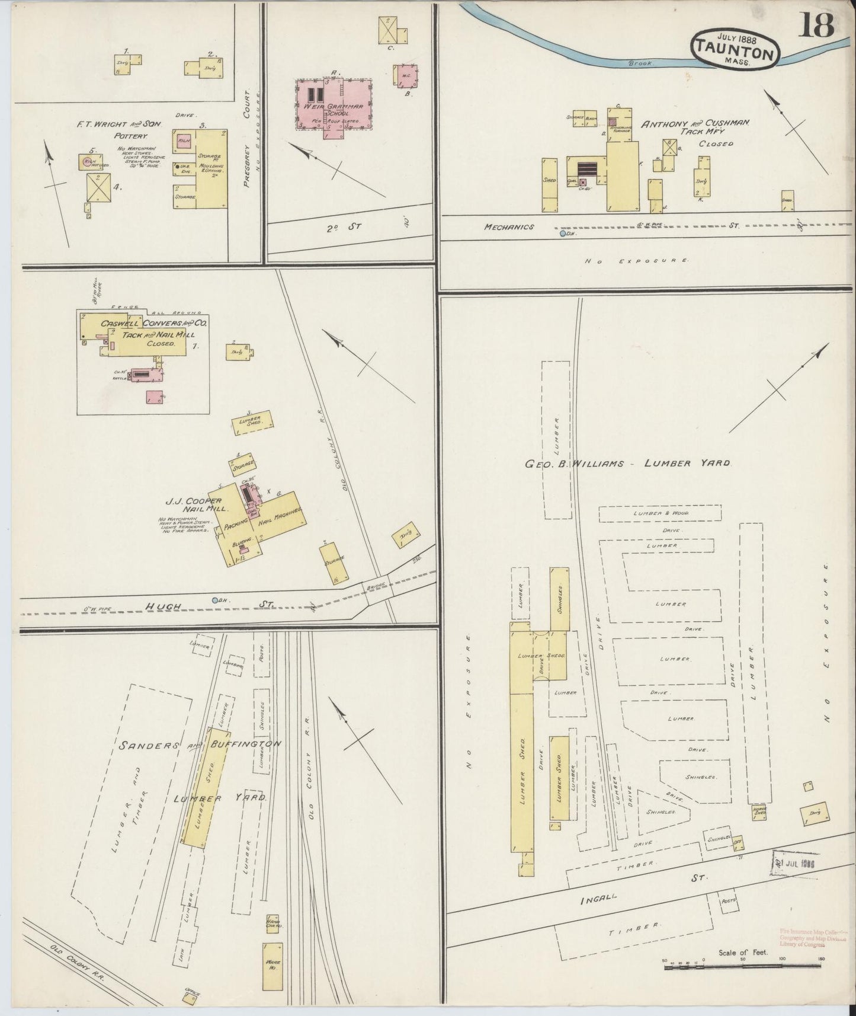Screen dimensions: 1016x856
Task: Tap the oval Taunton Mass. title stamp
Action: (x=734, y=49)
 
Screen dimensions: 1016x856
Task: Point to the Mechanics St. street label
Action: (x=509, y=227)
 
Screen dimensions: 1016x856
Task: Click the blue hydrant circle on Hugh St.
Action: (x=216, y=600)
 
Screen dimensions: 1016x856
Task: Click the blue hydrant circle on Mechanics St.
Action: (x=562, y=234)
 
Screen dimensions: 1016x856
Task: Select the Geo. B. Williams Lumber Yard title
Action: (x=627, y=464)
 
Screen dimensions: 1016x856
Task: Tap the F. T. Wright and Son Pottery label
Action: (x=118, y=130)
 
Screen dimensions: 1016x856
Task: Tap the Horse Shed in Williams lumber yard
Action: (x=759, y=811)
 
